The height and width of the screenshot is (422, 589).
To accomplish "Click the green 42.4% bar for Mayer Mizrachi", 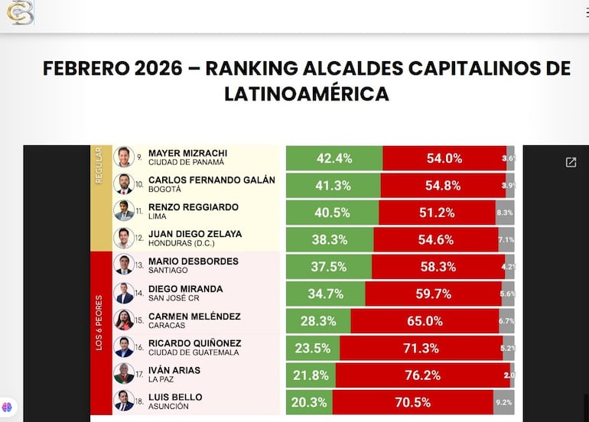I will pyautogui.click(x=334, y=158).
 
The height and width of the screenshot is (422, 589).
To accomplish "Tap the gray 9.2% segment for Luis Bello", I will pyautogui.click(x=503, y=402).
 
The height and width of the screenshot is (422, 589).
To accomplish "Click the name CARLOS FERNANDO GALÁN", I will pyautogui.click(x=211, y=180).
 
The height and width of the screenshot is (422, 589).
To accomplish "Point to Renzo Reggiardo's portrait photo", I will pyautogui.click(x=124, y=211).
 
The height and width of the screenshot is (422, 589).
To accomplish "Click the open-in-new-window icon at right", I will pyautogui.click(x=571, y=162).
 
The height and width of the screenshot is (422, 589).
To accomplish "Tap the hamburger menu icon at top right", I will pyautogui.click(x=584, y=12).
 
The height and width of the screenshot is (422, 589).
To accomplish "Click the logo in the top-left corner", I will pyautogui.click(x=20, y=13).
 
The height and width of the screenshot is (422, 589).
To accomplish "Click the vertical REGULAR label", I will pyautogui.click(x=98, y=165).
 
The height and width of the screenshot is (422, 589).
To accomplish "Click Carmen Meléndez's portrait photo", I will pyautogui.click(x=124, y=320).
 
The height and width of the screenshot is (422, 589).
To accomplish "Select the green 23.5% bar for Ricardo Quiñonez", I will pyautogui.click(x=313, y=348).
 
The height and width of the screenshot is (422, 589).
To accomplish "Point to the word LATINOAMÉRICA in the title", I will pyautogui.click(x=306, y=93).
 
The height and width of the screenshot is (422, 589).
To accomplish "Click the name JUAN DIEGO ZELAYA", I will pyautogui.click(x=194, y=234).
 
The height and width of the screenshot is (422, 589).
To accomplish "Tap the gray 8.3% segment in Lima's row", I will pyautogui.click(x=504, y=213).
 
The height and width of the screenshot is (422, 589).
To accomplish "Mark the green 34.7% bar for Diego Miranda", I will pyautogui.click(x=325, y=294).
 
